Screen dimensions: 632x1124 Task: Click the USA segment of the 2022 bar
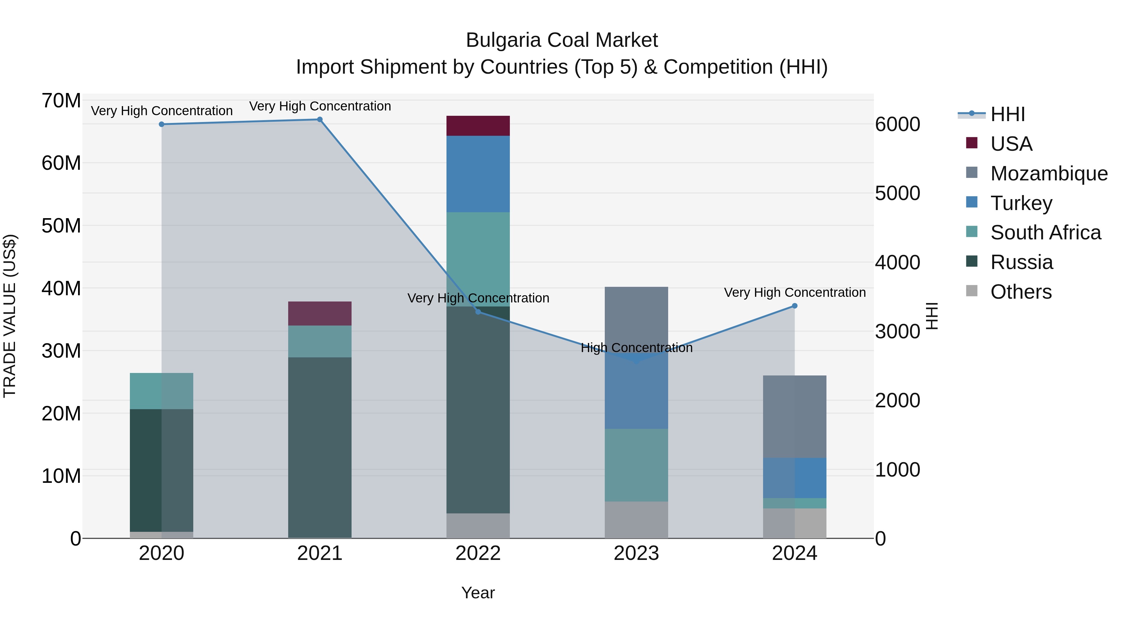click(x=478, y=125)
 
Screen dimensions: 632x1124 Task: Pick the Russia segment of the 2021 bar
click(x=319, y=447)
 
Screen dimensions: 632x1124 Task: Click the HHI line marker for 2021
click(x=319, y=120)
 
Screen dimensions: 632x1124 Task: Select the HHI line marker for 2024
click(x=794, y=306)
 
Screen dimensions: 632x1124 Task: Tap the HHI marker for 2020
click(x=161, y=124)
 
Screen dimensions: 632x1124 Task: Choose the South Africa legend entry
click(x=1045, y=233)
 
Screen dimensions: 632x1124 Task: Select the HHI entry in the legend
click(x=1007, y=114)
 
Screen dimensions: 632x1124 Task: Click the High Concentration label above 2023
click(x=636, y=348)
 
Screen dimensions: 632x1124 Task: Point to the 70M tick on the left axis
click(x=61, y=101)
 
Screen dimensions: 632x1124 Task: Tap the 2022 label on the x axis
click(x=478, y=553)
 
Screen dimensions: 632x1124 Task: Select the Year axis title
click(x=478, y=593)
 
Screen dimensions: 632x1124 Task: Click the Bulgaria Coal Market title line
click(x=562, y=40)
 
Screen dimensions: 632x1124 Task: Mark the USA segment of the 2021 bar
click(x=319, y=313)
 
